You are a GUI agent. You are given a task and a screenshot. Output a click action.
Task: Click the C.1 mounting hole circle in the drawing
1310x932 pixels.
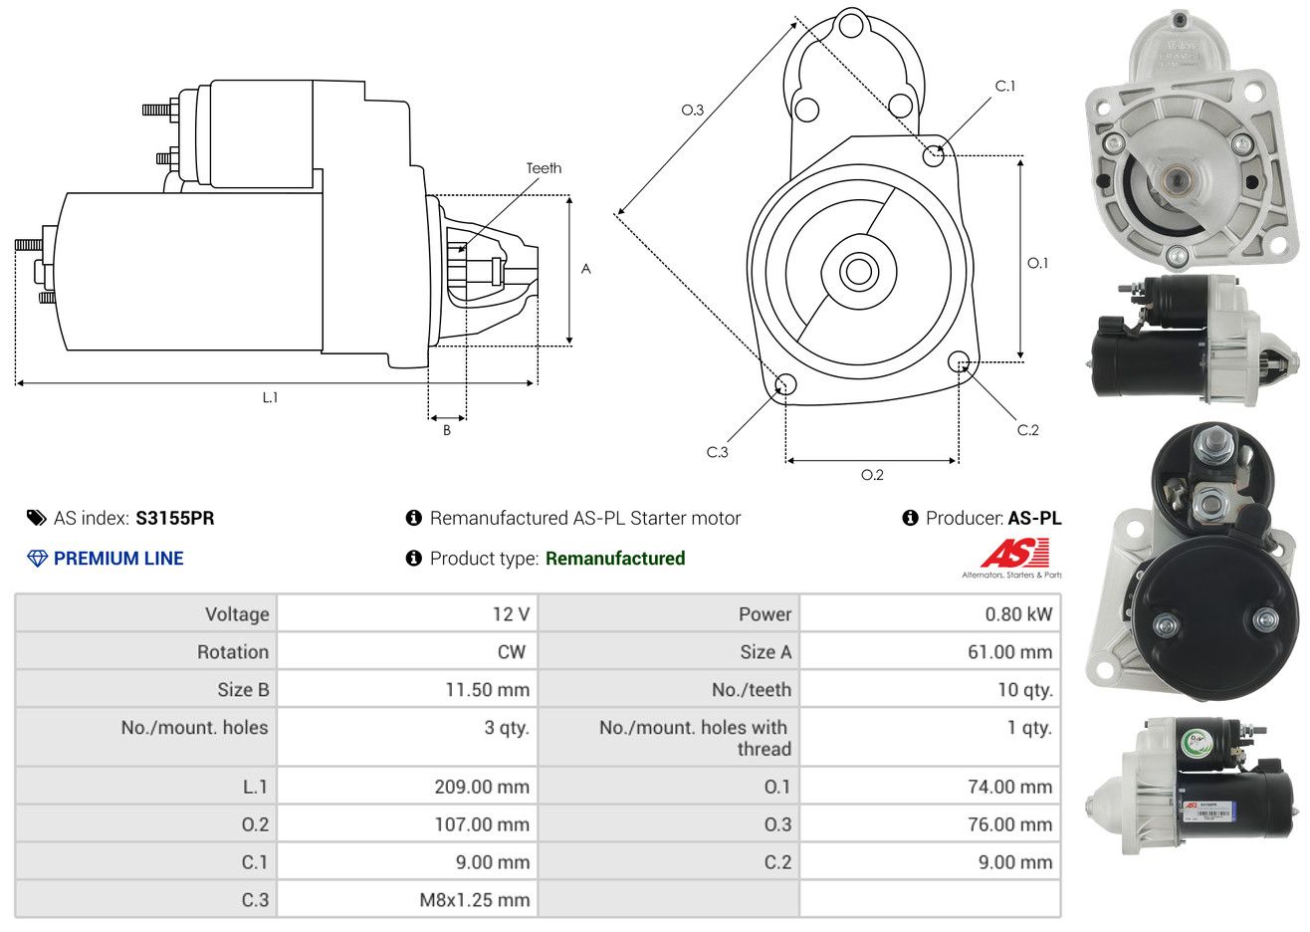point(934,155)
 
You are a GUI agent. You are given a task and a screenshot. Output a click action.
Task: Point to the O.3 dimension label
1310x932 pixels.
point(692,110)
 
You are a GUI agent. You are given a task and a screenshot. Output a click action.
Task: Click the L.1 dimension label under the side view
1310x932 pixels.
point(270,397)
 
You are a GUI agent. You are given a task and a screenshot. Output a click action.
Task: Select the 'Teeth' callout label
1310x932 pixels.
point(544,168)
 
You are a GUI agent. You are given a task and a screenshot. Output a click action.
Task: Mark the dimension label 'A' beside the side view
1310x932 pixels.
point(586,269)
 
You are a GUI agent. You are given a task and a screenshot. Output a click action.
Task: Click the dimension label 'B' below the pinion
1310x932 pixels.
point(447,430)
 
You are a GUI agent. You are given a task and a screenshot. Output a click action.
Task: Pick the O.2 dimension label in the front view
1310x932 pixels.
point(872,475)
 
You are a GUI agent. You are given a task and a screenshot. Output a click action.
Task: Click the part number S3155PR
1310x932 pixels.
point(175,518)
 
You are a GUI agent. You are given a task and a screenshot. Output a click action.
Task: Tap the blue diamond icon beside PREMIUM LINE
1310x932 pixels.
point(37,559)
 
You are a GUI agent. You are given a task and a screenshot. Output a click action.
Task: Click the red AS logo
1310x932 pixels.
point(1013,554)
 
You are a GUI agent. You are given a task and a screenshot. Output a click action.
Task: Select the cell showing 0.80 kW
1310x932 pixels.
point(1018,614)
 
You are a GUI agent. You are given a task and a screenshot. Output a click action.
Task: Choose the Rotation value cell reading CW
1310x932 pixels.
point(511,652)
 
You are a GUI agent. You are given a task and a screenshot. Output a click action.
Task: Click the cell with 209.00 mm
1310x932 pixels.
point(482,787)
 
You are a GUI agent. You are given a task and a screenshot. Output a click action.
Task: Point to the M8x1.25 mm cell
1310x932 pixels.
point(475,900)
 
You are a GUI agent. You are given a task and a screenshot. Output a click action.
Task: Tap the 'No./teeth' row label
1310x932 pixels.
point(752,690)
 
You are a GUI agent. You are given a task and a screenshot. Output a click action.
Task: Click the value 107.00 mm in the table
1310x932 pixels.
point(482,824)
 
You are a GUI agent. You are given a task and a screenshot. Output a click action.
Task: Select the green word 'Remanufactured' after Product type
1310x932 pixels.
point(615,559)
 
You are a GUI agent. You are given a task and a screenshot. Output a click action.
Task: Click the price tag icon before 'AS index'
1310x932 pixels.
point(37,518)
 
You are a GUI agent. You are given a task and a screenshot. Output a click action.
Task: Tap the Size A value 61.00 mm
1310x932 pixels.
point(1009,652)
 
